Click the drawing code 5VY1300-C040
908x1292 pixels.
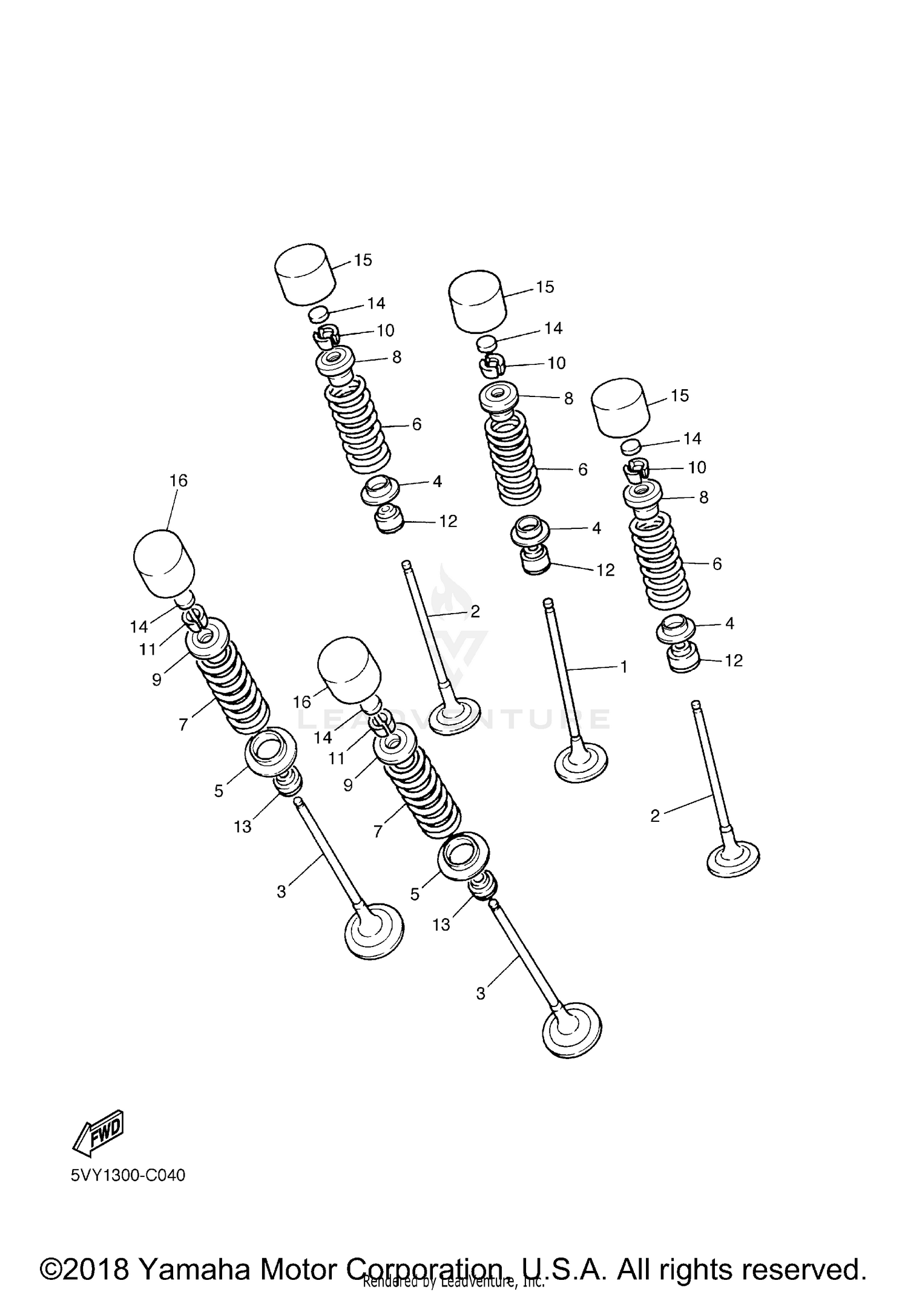pyautogui.click(x=128, y=1175)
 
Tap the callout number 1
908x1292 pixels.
pyautogui.click(x=623, y=667)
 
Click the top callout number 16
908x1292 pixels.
pyautogui.click(x=178, y=480)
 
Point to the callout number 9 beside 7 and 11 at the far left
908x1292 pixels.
pyautogui.click(x=157, y=680)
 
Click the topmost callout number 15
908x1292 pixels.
pyautogui.click(x=363, y=260)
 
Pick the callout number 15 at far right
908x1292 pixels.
pyautogui.click(x=680, y=396)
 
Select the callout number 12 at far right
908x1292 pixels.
pyautogui.click(x=733, y=661)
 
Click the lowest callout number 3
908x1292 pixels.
pyautogui.click(x=481, y=994)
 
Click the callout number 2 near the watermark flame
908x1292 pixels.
pyautogui.click(x=475, y=611)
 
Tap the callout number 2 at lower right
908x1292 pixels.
pyautogui.click(x=654, y=816)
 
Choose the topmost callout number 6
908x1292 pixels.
pyautogui.click(x=416, y=425)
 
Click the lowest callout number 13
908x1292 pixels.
pyautogui.click(x=441, y=925)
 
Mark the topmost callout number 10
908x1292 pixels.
pyautogui.click(x=385, y=330)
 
